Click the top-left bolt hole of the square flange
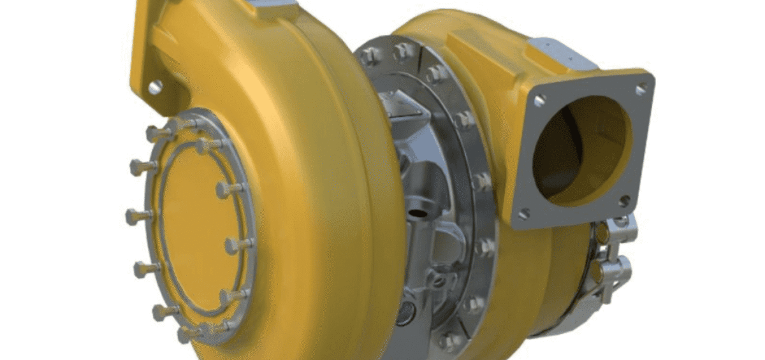[x=539, y=100]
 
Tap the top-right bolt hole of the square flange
[x=640, y=89]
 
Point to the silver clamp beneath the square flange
[x=612, y=261]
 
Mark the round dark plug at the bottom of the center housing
[x=406, y=312]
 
